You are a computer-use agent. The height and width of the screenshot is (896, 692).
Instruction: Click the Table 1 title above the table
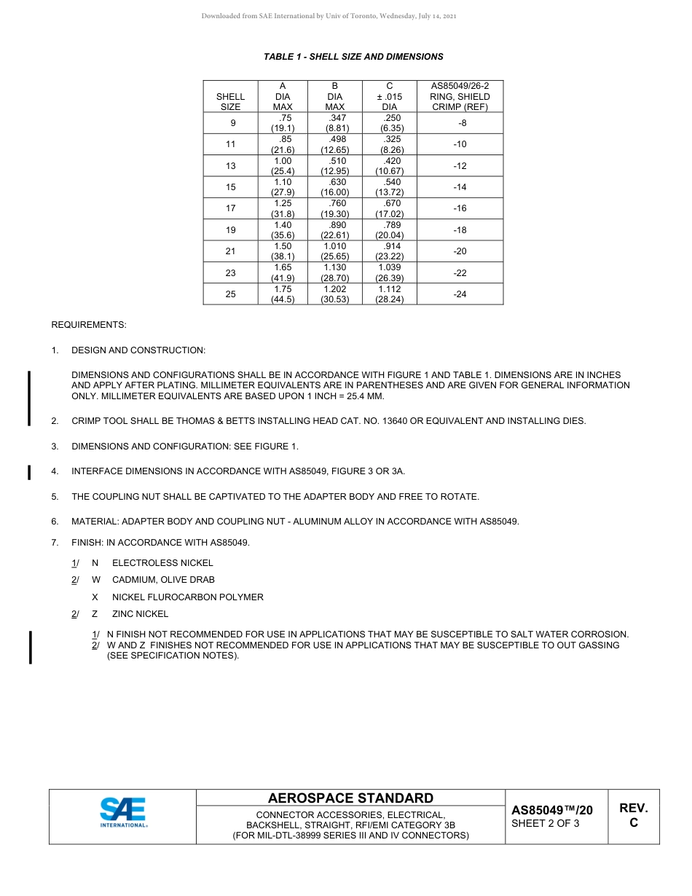(x=353, y=57)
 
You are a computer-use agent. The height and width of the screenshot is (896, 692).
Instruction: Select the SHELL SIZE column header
(x=231, y=101)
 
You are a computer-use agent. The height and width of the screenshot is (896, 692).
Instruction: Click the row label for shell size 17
(x=231, y=208)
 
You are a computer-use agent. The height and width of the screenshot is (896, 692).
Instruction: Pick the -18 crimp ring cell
(x=460, y=230)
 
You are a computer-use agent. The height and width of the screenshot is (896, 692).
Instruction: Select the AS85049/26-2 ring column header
(x=460, y=96)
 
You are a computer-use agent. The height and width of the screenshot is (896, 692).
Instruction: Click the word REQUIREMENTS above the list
(x=89, y=325)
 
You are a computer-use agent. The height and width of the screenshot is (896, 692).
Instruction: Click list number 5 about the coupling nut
(x=55, y=497)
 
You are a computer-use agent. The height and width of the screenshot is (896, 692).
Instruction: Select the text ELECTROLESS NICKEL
(x=162, y=563)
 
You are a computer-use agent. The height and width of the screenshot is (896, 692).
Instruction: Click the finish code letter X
(x=95, y=597)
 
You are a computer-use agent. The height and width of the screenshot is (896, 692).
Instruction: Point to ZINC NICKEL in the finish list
(x=140, y=614)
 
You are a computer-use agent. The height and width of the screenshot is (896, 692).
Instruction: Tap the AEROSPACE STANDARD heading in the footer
(x=350, y=798)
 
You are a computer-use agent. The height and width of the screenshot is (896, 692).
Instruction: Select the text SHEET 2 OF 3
(x=546, y=824)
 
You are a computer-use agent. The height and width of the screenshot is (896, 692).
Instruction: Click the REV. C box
(x=633, y=815)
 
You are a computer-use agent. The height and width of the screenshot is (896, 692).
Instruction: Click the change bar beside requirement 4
(x=29, y=473)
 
